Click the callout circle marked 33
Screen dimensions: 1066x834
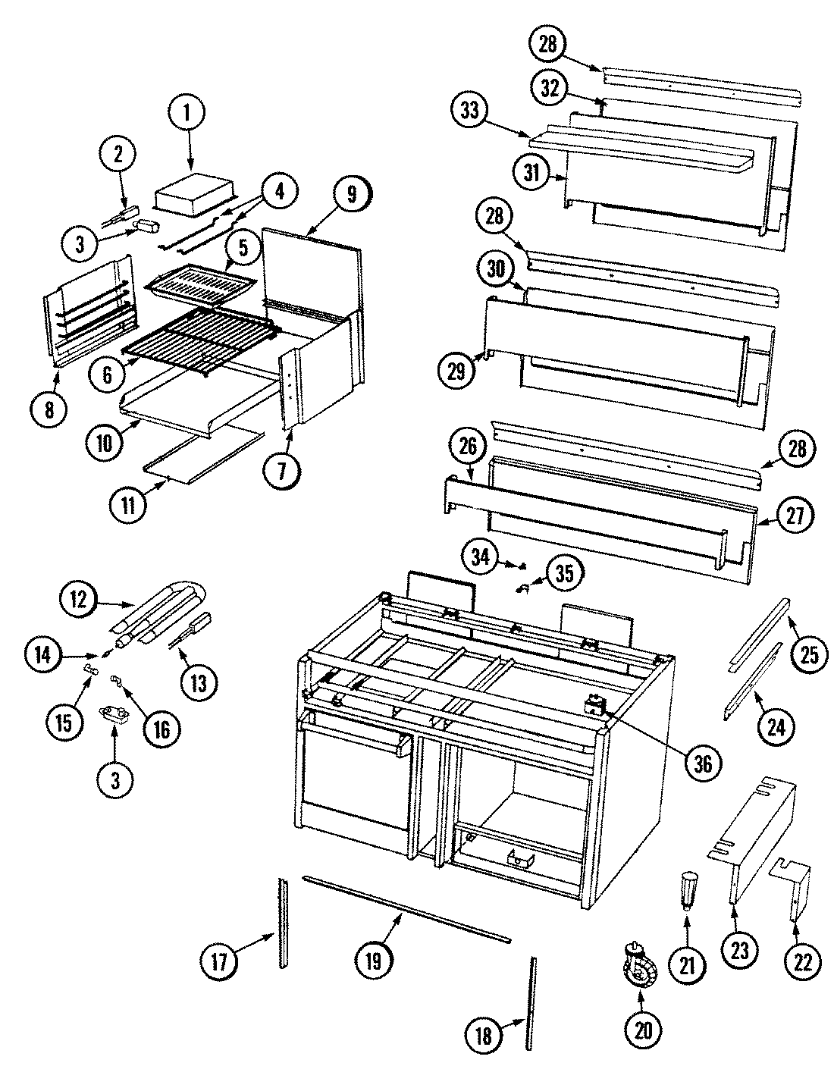tap(470, 111)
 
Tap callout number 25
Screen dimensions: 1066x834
tap(809, 654)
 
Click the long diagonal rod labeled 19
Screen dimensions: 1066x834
tap(406, 910)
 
